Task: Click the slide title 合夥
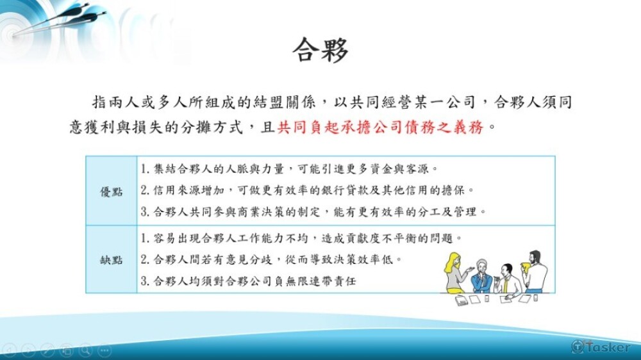(x=320, y=50)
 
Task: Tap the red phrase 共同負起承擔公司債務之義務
(x=381, y=127)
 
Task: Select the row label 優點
(x=111, y=192)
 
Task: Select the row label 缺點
(x=111, y=259)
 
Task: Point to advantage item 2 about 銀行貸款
(x=307, y=190)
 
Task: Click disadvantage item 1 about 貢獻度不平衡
(x=301, y=238)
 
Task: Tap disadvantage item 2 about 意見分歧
(x=271, y=259)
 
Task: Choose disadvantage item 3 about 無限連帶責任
(x=248, y=281)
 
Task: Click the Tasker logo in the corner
(x=601, y=347)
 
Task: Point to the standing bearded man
(x=535, y=271)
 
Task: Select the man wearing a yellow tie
(x=508, y=279)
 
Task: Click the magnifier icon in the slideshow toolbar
(x=85, y=350)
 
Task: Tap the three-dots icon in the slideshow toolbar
(x=104, y=350)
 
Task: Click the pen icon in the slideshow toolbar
(x=47, y=350)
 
